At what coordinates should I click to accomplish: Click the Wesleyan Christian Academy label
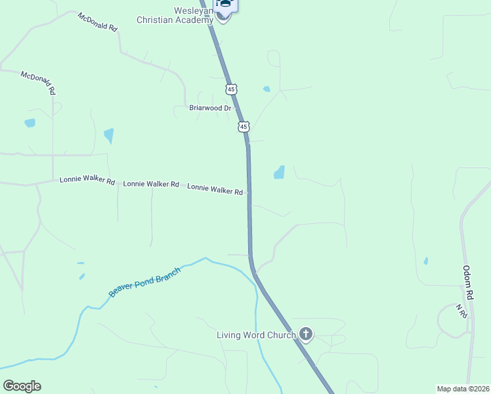coord(175,15)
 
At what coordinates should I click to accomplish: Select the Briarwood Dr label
coord(210,108)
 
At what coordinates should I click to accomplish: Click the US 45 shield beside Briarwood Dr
coord(244,125)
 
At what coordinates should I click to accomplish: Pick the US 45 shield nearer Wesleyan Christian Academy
coord(230,89)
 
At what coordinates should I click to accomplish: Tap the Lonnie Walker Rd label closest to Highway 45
coord(215,189)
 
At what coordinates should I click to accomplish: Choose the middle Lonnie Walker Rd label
coord(151,185)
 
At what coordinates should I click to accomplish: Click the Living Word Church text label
coord(256,336)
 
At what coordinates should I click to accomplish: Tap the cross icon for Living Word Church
coord(305,334)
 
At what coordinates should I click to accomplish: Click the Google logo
coord(22,386)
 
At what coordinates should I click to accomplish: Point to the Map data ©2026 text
coord(463,389)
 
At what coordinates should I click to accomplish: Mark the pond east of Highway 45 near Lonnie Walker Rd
coord(279,173)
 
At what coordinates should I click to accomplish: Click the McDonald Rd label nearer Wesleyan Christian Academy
coord(96,22)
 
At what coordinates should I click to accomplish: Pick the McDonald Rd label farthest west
coord(37,83)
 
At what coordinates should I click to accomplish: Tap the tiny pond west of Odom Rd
coord(426,261)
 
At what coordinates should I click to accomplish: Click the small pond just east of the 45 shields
coord(266,89)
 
